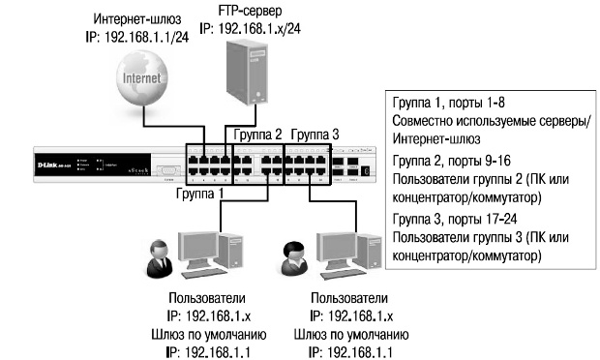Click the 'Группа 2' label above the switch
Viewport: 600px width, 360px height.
click(257, 134)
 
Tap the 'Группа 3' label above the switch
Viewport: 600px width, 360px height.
click(315, 134)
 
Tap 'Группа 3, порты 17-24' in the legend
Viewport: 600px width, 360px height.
click(453, 220)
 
